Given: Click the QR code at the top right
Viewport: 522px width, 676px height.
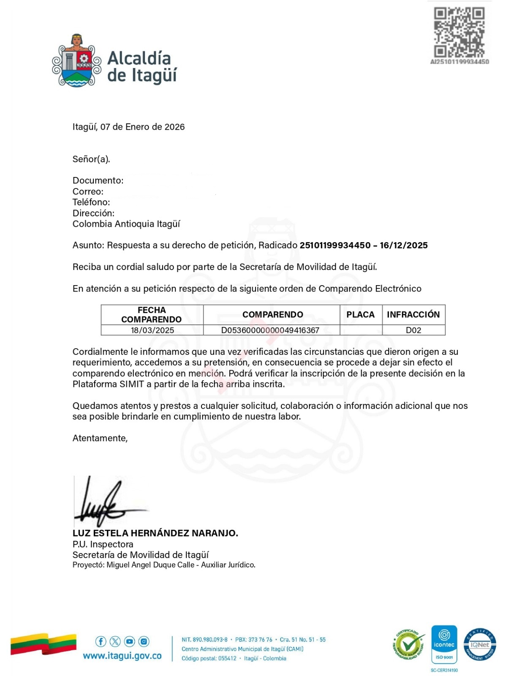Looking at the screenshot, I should (459, 32).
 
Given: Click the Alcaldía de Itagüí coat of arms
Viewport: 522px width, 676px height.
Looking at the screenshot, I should (77, 61).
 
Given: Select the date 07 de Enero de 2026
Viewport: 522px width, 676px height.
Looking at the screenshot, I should (142, 127).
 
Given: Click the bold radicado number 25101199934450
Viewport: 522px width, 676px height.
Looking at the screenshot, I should (335, 245).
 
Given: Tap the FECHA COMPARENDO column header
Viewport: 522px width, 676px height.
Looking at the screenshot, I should (152, 315).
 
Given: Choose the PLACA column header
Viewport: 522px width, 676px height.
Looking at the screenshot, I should (360, 315).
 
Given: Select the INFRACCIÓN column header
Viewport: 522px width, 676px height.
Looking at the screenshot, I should (413, 315).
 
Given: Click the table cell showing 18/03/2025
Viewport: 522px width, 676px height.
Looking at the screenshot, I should (152, 330).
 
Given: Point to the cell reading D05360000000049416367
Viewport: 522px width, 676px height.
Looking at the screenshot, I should (270, 330).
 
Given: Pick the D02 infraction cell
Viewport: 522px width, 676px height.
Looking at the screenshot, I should (413, 330).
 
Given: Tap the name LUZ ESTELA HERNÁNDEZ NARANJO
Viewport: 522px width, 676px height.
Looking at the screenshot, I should (155, 533).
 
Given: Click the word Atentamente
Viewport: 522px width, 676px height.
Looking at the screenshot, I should (100, 438).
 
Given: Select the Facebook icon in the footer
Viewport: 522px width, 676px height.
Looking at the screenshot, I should (101, 641).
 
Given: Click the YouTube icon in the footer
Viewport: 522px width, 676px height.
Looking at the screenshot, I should (130, 641).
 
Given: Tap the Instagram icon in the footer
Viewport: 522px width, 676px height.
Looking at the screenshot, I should (144, 641).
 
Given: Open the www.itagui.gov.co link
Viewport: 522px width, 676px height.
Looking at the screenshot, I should (122, 656).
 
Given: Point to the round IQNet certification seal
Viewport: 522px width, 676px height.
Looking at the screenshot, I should (480, 645).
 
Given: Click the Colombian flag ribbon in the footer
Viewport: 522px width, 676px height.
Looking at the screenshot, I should (43, 644).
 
